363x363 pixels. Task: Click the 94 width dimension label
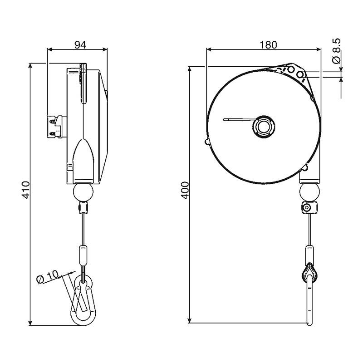coord(80,44)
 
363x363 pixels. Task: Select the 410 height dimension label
coord(26,190)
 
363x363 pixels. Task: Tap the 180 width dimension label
coord(268,44)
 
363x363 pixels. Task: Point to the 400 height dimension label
coord(185,190)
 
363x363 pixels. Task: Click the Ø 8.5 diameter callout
coord(336,51)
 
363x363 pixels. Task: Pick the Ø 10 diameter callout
coord(48,276)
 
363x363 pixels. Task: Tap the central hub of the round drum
coord(264,127)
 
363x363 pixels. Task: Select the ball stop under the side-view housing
coord(83,192)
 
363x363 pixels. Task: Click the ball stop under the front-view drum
coord(309,192)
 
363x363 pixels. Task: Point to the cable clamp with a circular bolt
coord(309,207)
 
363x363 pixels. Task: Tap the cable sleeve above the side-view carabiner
coord(83,255)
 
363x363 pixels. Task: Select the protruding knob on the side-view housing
coord(57,127)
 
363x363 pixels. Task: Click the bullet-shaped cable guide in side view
coord(83,161)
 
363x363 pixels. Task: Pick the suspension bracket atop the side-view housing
coord(83,83)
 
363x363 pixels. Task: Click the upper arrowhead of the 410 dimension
coord(30,66)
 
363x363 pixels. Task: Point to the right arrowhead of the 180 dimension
coord(318,49)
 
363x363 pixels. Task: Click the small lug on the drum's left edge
coord(207,142)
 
